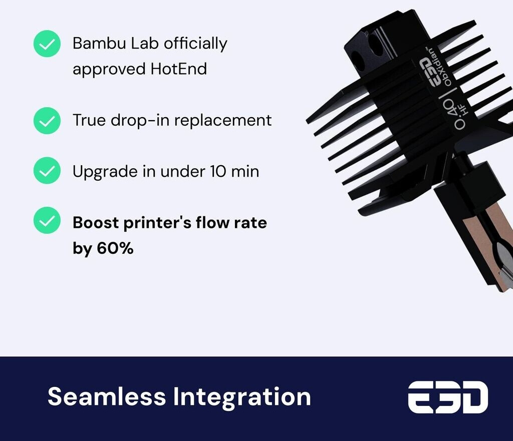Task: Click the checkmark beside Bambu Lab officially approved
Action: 47,44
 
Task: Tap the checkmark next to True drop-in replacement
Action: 47,121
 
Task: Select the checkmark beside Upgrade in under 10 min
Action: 47,170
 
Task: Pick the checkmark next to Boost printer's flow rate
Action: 47,220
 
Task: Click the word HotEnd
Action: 179,69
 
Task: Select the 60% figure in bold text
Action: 115,248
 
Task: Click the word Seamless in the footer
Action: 107,397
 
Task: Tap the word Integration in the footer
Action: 242,397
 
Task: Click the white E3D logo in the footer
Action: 448,397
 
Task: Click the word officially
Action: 195,44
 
